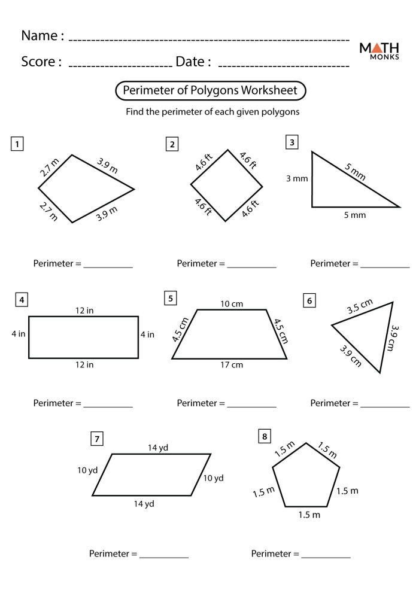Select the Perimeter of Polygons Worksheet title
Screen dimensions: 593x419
[210, 90]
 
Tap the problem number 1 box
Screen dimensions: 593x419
[18, 144]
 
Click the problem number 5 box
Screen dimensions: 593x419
[171, 298]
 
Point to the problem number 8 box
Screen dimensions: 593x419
[263, 437]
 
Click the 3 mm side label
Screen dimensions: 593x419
[296, 178]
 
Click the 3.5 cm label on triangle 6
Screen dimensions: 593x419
[360, 307]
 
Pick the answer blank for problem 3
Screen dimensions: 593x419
[385, 264]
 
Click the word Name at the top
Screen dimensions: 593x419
[42, 36]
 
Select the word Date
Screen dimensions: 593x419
[193, 62]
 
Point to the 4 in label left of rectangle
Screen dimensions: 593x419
[18, 334]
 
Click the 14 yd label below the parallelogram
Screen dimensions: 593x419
[144, 504]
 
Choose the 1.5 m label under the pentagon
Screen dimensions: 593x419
[309, 515]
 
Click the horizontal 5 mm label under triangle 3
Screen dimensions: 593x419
[354, 215]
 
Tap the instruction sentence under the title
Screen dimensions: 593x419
[212, 112]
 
